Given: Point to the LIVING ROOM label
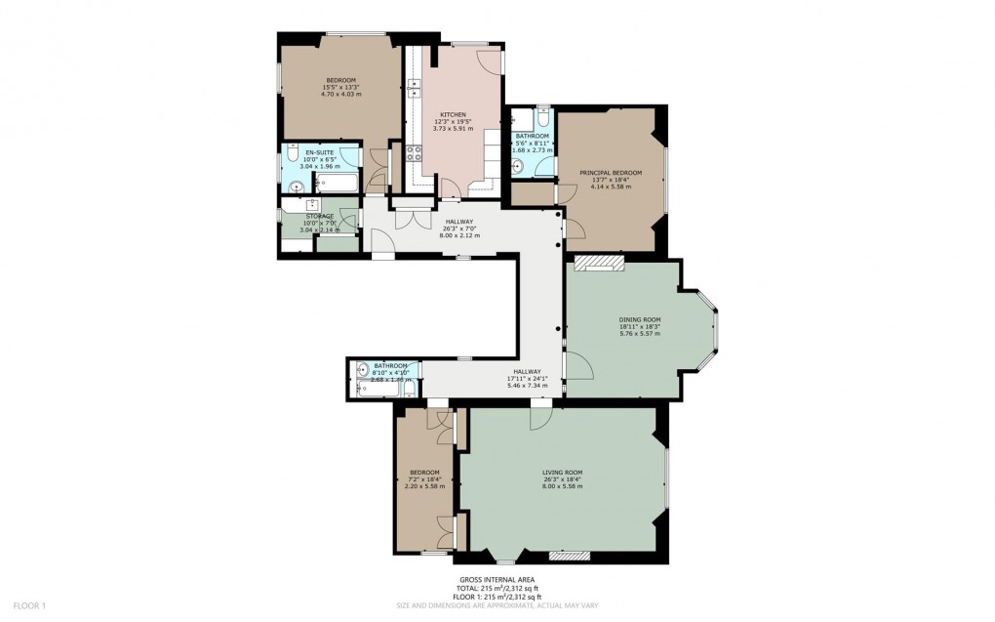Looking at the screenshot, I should click(x=562, y=472).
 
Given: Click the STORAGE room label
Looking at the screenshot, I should click(x=319, y=217).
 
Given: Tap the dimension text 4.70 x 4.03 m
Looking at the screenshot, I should click(x=341, y=94).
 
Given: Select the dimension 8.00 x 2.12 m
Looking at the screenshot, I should click(x=454, y=235).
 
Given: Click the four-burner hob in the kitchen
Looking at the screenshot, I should click(x=413, y=152).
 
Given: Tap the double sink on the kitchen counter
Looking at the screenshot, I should click(x=414, y=89).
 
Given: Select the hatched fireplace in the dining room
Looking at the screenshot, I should click(x=597, y=262).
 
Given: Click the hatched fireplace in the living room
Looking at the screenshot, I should click(x=569, y=556).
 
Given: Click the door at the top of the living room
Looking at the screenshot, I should click(x=538, y=418).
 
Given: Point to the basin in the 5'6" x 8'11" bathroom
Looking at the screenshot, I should click(x=519, y=167).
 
